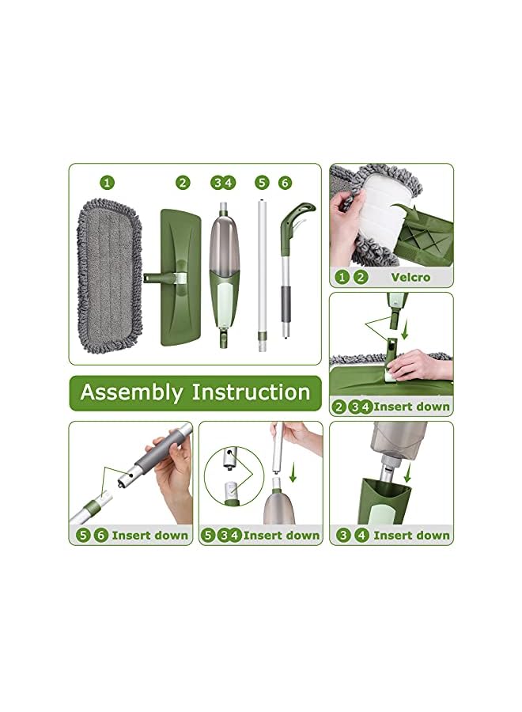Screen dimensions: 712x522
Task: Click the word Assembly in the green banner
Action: (x=132, y=392)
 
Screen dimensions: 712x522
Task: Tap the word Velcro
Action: (x=410, y=277)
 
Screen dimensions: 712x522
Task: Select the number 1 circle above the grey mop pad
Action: (x=108, y=183)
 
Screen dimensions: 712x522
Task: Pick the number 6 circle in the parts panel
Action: (x=285, y=183)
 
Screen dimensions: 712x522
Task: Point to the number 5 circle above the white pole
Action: (x=262, y=183)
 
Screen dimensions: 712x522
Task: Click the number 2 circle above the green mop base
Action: (x=183, y=183)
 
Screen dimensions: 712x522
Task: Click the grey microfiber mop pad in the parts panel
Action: (x=110, y=272)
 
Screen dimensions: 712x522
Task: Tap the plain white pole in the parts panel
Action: (x=261, y=277)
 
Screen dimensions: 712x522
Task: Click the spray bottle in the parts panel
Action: (x=223, y=273)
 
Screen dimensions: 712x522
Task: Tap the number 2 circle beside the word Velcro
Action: (x=360, y=277)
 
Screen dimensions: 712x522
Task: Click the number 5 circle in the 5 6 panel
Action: (x=83, y=536)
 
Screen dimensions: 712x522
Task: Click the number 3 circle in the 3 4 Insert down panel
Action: (x=343, y=536)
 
